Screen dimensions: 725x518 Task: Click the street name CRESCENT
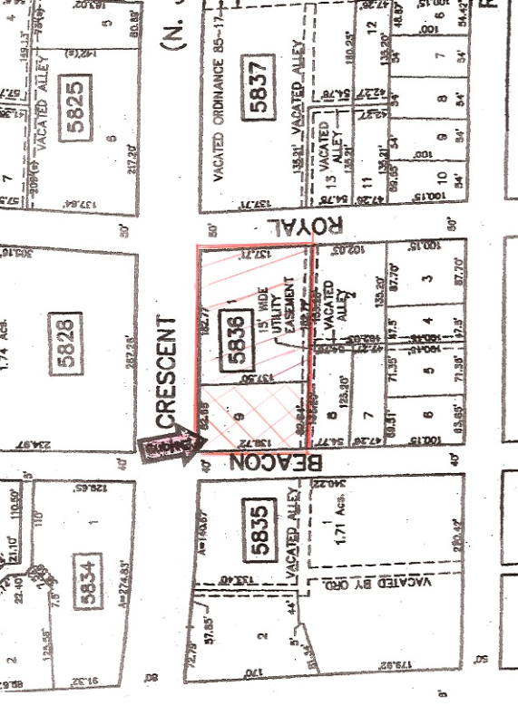(166, 372)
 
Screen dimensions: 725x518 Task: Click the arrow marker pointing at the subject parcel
(171, 446)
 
